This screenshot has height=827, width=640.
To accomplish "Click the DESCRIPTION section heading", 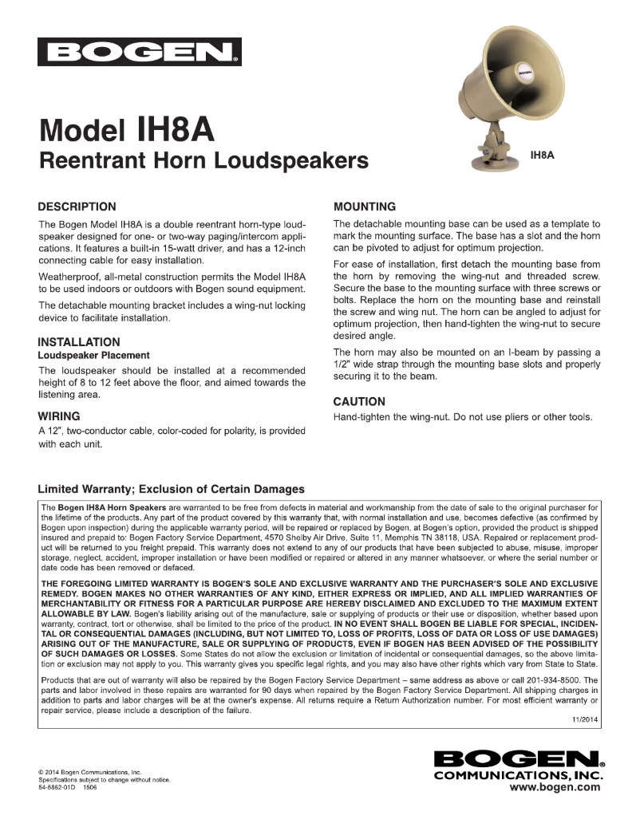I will click(x=77, y=207).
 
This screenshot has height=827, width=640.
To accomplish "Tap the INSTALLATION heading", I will click(x=79, y=342).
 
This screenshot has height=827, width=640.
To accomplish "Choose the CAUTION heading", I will click(x=359, y=401).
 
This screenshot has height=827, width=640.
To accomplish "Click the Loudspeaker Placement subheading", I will click(x=93, y=355).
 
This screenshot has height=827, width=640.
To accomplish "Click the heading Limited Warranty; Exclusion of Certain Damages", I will click(x=171, y=489).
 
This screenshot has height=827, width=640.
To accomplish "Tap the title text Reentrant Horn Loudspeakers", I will click(x=203, y=161).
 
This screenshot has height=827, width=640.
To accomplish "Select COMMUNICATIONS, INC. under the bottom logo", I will click(x=516, y=774).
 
